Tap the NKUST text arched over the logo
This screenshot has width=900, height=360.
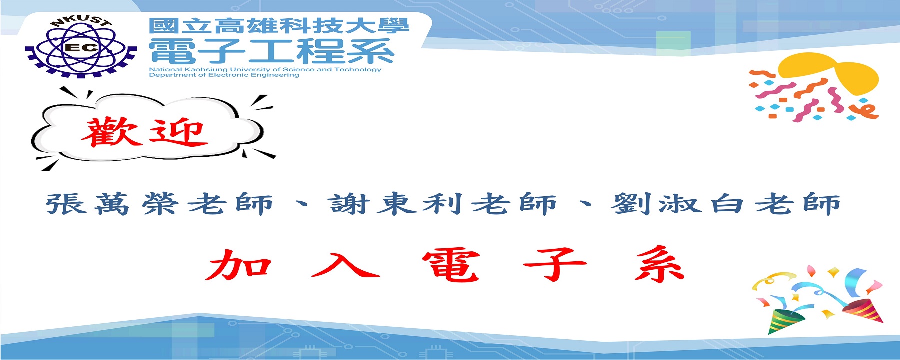81,21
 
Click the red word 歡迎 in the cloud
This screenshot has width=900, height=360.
144,132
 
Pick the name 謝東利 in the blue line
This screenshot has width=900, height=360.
394,204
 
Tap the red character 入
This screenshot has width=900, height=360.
346,264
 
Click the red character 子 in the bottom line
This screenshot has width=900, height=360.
555,265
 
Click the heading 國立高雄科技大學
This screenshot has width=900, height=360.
279,26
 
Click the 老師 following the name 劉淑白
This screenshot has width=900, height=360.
797,204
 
